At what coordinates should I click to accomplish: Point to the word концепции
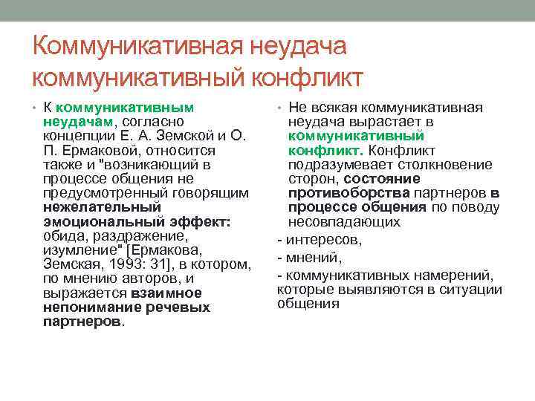[x=78, y=135]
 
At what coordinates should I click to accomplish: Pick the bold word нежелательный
[x=102, y=207]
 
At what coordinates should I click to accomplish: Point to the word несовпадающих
[x=344, y=222]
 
